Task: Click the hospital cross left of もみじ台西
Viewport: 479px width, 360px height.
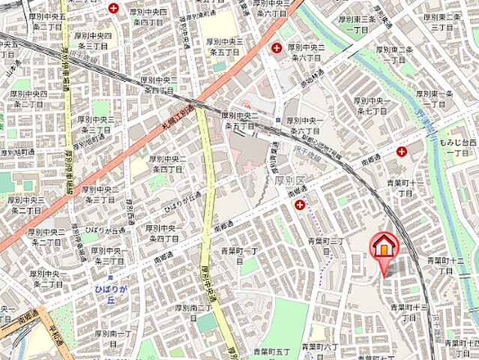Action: (403, 151)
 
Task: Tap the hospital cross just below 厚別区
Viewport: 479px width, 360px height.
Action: (300, 204)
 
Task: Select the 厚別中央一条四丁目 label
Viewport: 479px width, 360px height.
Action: (163, 232)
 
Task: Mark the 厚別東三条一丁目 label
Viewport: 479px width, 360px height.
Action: (359, 24)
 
